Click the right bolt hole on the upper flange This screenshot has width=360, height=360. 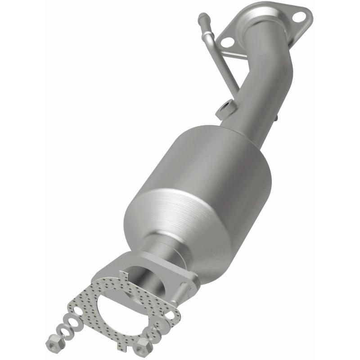(298, 17)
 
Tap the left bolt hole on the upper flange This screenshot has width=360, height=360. (227, 42)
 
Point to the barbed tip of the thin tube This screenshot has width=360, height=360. (201, 17)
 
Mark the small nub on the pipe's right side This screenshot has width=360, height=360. (276, 118)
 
